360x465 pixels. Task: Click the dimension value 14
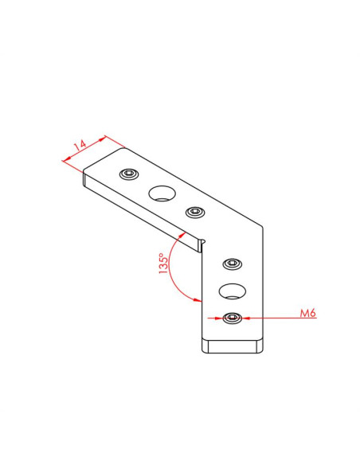80,145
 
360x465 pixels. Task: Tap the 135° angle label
163,263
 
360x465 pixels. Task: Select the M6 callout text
308,313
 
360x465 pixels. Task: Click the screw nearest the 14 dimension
129,174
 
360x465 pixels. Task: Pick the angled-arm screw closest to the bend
196,212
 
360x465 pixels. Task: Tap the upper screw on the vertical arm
233,264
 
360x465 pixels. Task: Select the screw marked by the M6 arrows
233,318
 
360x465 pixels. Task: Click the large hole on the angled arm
162,193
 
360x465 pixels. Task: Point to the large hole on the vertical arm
233,291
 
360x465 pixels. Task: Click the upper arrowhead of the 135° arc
182,235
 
